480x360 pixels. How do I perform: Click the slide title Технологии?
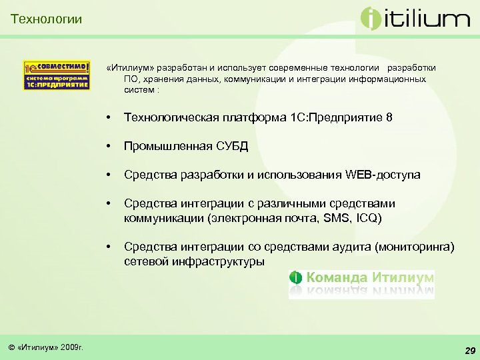point(47,19)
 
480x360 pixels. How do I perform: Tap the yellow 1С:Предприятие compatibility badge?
point(57,75)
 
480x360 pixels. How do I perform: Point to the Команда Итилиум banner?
point(361,284)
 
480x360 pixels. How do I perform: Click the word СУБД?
point(233,146)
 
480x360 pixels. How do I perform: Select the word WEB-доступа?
point(383,175)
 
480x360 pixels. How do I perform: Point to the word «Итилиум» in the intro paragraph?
point(129,68)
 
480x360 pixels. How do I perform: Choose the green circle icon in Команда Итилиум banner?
point(296,277)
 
